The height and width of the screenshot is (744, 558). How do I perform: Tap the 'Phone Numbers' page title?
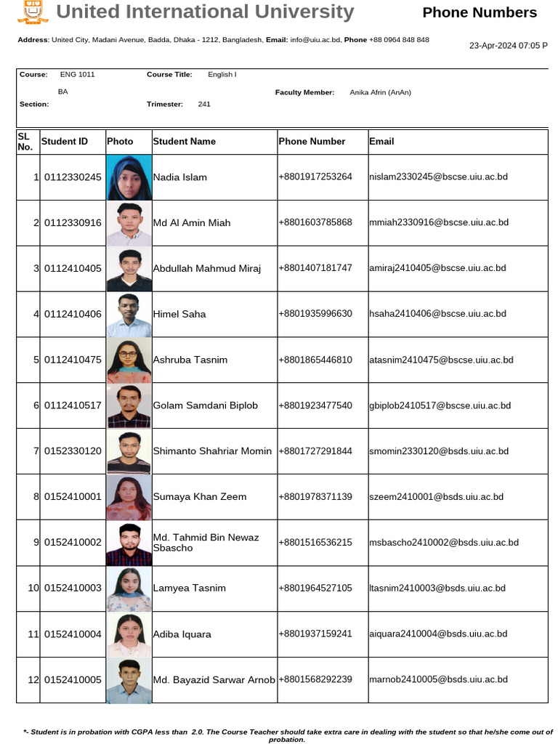pos(480,12)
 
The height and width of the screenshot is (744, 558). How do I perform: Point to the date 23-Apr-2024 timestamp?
pos(508,45)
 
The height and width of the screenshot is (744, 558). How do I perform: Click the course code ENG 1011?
pos(78,74)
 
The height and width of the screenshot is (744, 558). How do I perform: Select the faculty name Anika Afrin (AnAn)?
pos(380,92)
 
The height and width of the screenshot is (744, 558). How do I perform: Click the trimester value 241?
pos(204,104)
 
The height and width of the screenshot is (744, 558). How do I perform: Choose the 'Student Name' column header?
pos(185,141)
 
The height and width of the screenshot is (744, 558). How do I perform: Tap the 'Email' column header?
pos(381,141)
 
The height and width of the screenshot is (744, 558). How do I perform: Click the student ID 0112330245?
pos(73,177)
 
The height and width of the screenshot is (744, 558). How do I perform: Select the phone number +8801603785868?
pos(315,222)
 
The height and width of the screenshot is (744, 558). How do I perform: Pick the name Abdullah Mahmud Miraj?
pos(206,268)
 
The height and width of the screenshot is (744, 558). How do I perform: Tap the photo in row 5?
pos(129,360)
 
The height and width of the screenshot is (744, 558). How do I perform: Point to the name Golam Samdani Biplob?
pos(205,405)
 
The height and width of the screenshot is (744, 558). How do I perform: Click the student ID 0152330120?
pos(73,451)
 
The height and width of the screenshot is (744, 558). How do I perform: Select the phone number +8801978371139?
pos(315,496)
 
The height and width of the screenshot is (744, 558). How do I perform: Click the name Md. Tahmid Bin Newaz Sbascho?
pos(206,543)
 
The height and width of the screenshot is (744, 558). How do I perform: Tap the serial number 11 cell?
pos(33,634)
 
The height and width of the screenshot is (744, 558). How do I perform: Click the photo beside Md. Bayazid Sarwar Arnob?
pos(129,680)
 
